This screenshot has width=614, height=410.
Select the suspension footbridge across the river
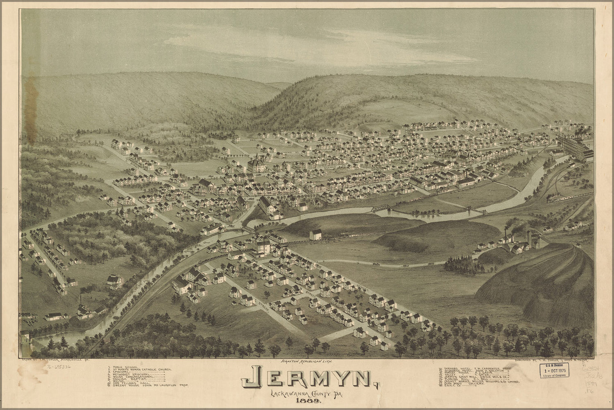click(471, 210)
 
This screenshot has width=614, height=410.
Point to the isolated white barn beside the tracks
click(315, 235)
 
